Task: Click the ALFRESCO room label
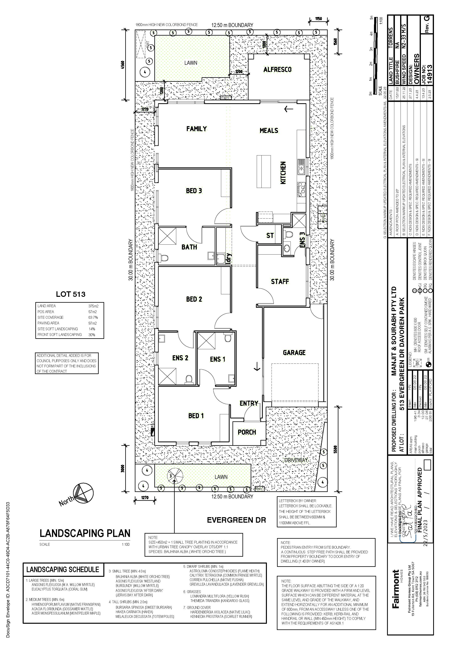click(277, 69)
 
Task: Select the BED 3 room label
click(194, 191)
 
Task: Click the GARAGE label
click(294, 353)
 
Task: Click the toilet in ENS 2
click(189, 379)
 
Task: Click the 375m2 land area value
click(93, 306)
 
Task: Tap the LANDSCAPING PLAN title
click(85, 533)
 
